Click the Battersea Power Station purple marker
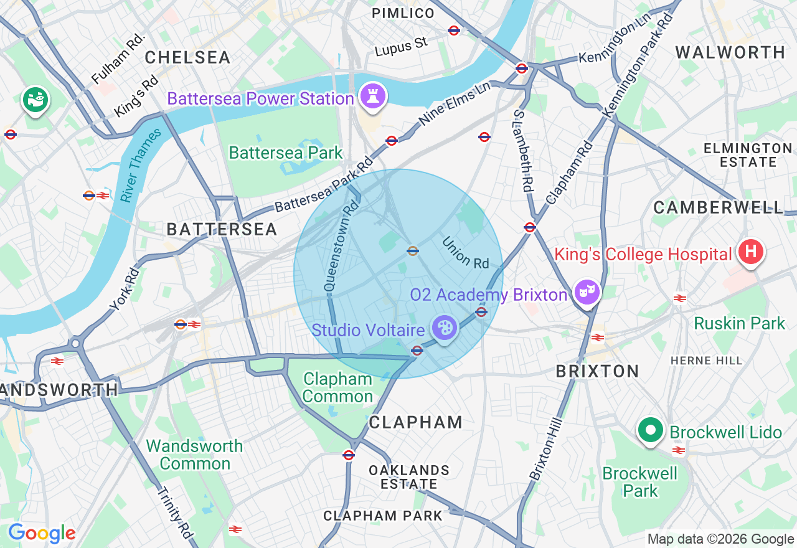372,97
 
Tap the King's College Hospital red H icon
751,252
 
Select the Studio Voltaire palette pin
444,328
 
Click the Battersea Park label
286,153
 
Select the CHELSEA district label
188,58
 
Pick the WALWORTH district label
730,52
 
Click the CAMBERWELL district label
718,208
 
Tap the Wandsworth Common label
194,455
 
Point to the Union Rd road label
466,252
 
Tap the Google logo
42,533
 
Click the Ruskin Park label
740,323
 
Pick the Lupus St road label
402,47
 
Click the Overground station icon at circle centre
412,251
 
